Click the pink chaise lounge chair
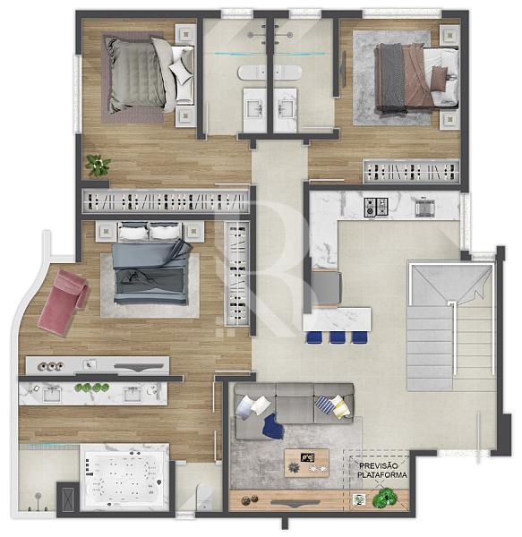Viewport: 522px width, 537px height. [x=64, y=302]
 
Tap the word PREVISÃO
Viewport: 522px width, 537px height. [x=378, y=466]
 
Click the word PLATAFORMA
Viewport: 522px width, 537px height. [x=382, y=475]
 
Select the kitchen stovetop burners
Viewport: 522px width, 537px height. [x=376, y=208]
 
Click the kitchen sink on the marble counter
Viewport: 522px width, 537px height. [x=424, y=208]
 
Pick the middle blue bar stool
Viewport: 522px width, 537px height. [x=338, y=337]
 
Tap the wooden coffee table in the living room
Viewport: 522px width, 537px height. [x=306, y=463]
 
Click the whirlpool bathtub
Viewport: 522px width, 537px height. [x=124, y=479]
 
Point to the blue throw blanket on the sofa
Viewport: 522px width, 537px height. [x=273, y=426]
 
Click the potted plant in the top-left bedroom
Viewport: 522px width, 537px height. [x=98, y=165]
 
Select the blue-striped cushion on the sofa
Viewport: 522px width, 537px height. [x=324, y=405]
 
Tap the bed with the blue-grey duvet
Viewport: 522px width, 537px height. [x=150, y=263]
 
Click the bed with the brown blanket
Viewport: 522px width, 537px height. [x=417, y=78]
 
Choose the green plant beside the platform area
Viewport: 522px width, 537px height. [x=385, y=498]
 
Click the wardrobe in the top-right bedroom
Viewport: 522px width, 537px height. [x=411, y=171]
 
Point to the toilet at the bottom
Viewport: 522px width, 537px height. [x=204, y=497]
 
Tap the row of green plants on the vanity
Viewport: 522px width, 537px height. [x=92, y=388]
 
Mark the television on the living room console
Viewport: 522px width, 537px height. [x=295, y=503]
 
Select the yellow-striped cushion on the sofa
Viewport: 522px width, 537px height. [x=340, y=407]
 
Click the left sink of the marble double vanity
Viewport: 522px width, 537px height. [x=52, y=395]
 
